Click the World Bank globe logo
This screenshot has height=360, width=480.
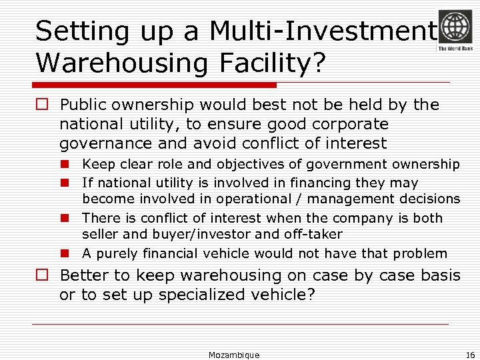[455, 26]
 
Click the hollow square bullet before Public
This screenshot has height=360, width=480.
[43, 105]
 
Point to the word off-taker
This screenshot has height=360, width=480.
[311, 234]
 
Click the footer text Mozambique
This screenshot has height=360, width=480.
[234, 355]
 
